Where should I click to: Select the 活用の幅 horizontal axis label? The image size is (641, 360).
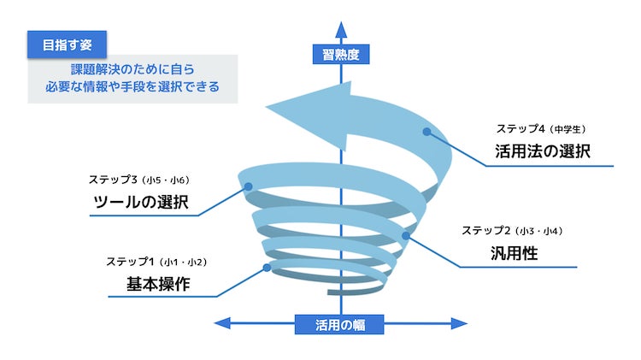pyautogui.click(x=339, y=324)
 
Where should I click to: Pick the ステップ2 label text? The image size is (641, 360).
pyautogui.click(x=487, y=231)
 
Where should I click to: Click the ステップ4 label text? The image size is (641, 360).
pyautogui.click(x=521, y=129)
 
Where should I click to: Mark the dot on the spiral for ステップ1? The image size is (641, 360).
pyautogui.click(x=268, y=268)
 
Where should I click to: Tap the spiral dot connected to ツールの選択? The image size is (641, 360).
pyautogui.click(x=248, y=186)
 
